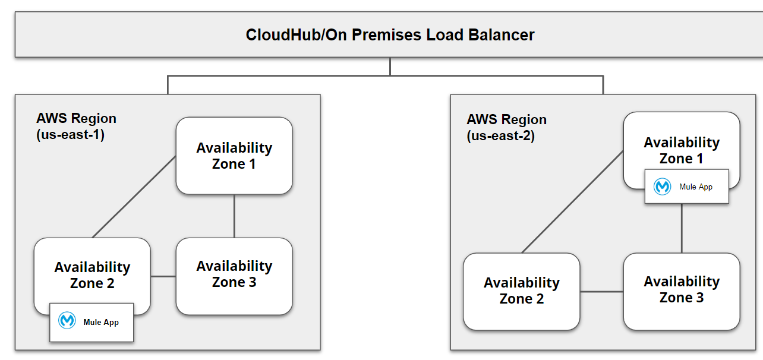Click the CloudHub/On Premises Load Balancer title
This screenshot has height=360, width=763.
tap(390, 34)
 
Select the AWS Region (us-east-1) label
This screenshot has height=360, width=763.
tap(76, 127)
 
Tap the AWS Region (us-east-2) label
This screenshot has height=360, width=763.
tap(506, 128)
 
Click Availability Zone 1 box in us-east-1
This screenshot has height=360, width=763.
tap(234, 156)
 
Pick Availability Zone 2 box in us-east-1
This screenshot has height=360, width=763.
tap(92, 275)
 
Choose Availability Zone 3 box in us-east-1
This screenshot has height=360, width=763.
tap(234, 274)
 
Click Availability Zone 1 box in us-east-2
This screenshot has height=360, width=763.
tap(682, 150)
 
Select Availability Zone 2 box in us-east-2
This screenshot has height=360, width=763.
tap(521, 290)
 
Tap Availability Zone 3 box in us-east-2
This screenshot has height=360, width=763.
tap(682, 289)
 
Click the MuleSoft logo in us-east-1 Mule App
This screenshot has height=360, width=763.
tap(67, 321)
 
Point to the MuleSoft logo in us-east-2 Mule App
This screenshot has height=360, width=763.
tap(662, 187)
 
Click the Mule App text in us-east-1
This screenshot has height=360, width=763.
tap(101, 322)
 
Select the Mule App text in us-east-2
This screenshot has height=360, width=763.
tap(696, 187)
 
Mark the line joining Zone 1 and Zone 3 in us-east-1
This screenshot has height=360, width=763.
tap(234, 216)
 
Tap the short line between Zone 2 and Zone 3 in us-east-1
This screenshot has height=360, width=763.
tap(163, 276)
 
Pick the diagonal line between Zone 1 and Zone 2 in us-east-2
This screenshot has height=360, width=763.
tap(572, 202)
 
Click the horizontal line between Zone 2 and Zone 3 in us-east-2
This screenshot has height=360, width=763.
tap(601, 292)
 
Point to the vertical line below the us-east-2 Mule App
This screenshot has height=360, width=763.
tap(682, 229)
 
